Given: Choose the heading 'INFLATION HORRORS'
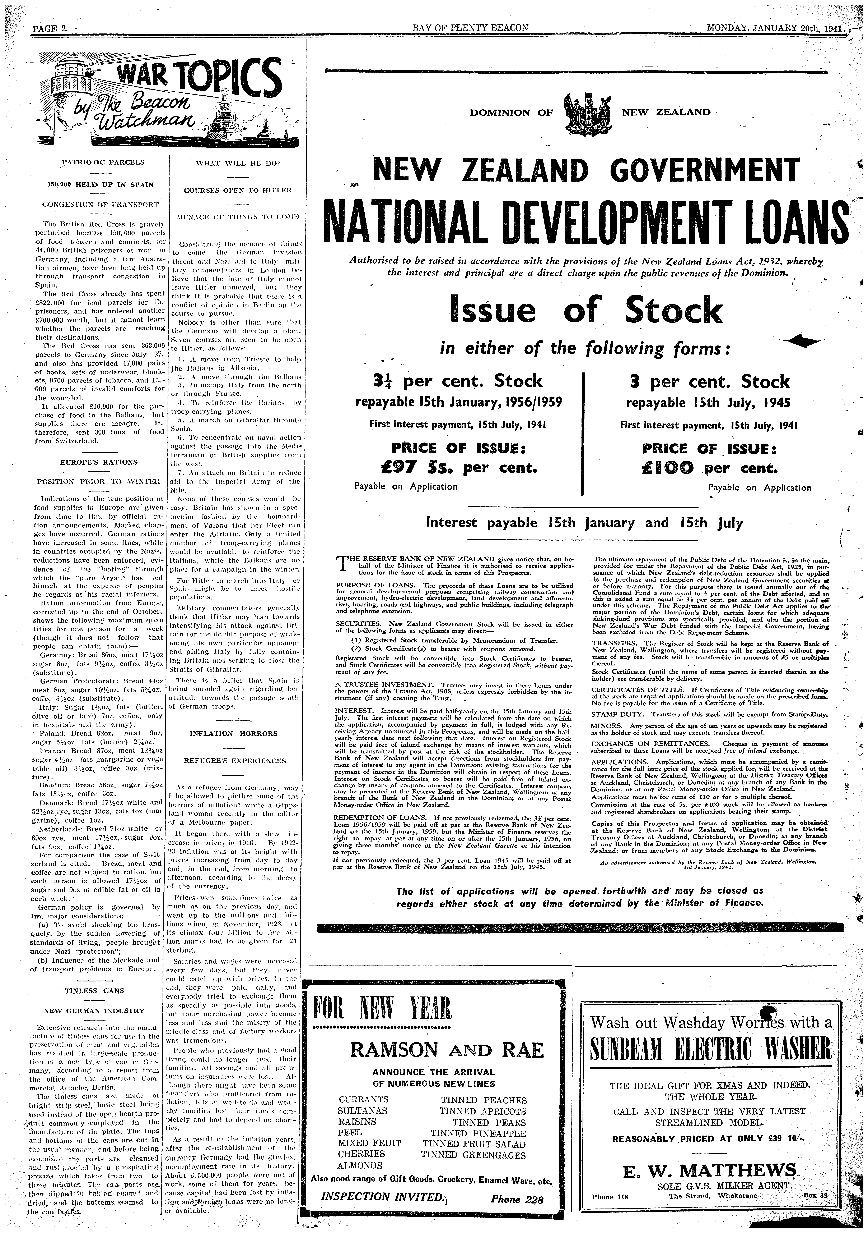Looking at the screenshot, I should (x=234, y=734).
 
